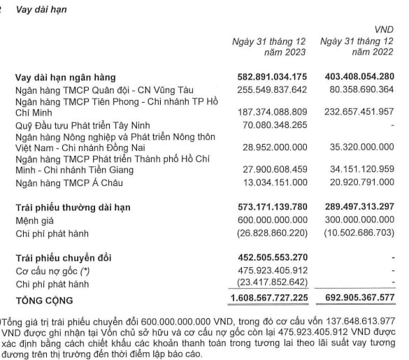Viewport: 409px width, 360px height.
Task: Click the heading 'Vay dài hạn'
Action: click(x=44, y=9)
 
